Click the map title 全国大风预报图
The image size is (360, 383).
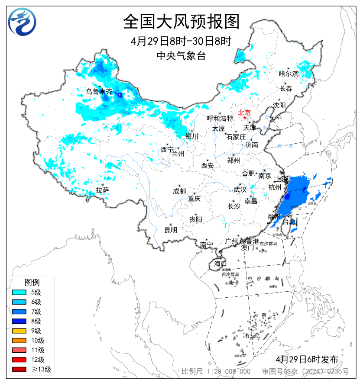tap(181, 21)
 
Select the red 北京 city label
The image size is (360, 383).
tap(245, 112)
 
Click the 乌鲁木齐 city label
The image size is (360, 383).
tap(98, 91)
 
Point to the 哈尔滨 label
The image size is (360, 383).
tap(289, 74)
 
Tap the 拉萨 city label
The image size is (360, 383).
tap(102, 190)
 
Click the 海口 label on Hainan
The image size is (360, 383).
tap(220, 264)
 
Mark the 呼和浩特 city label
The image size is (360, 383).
tap(220, 118)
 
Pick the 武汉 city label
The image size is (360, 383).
tap(240, 190)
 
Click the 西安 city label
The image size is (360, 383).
tap(207, 165)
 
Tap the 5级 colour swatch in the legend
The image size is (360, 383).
tap(21, 293)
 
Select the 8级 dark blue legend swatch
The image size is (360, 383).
tap(21, 321)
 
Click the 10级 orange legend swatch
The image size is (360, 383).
tap(21, 340)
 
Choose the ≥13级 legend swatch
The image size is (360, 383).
tap(21, 369)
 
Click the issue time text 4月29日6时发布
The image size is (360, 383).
tap(306, 359)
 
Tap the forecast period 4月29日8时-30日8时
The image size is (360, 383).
tap(181, 41)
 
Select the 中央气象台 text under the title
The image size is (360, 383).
tap(181, 55)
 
